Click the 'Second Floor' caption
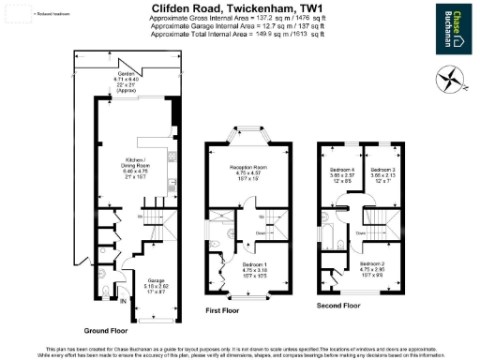tap(338, 306)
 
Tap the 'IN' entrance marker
tap(123, 301)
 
